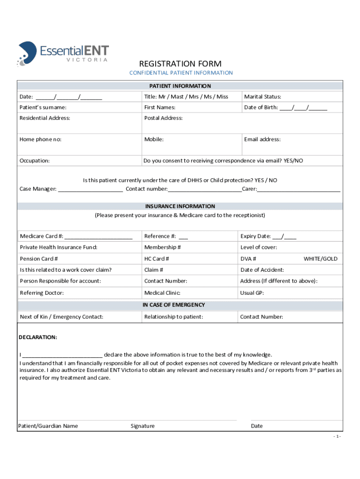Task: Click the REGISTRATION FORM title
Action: (180, 64)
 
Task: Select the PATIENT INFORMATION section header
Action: (180, 86)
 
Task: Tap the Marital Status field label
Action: (262, 97)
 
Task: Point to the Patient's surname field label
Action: (43, 108)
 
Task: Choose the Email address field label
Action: (262, 139)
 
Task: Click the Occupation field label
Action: (35, 160)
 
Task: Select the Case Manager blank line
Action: (90, 189)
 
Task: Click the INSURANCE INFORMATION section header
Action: (180, 206)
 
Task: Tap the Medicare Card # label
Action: (42, 236)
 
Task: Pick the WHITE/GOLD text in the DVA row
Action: (320, 259)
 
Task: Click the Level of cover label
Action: (259, 247)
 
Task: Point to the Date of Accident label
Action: (262, 270)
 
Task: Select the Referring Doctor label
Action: (42, 293)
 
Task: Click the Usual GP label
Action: (252, 293)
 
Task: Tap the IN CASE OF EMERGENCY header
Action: (180, 305)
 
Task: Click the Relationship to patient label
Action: (173, 317)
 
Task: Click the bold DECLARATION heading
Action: (38, 337)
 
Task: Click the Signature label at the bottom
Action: (143, 426)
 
